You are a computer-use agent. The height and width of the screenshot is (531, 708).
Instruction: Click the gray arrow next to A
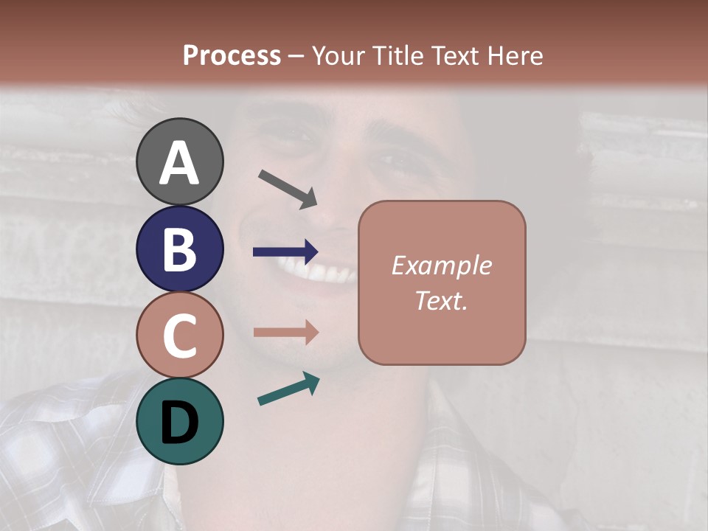point(288,189)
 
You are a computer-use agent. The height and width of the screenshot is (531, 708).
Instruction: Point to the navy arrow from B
point(285,251)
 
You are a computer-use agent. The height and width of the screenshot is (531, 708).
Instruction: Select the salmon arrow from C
point(285,332)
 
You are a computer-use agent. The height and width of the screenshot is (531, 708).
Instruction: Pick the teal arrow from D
point(288,389)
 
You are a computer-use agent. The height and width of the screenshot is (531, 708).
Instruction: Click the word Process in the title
point(232,55)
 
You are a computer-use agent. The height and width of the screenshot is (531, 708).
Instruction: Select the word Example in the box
point(441,265)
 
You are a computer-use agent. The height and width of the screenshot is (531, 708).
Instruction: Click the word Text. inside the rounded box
point(441,300)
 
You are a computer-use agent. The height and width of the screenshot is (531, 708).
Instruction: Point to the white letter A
point(179,163)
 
